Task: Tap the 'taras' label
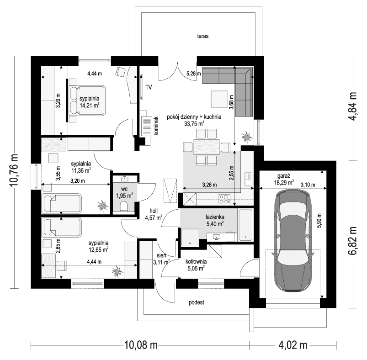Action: tap(202, 36)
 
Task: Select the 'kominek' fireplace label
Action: tap(156, 126)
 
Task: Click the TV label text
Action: tap(149, 87)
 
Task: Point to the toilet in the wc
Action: tap(123, 207)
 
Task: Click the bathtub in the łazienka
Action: tap(245, 225)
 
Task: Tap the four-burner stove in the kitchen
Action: tap(224, 199)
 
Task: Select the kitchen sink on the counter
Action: tap(248, 179)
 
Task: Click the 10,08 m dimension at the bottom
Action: tap(141, 345)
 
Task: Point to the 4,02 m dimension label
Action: tap(293, 345)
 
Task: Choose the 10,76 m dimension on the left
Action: tap(14, 170)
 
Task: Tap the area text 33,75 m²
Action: tap(194, 123)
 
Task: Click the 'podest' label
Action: tap(197, 302)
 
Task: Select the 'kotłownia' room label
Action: tap(196, 261)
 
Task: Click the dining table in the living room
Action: tap(207, 147)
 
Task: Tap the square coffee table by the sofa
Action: tap(219, 99)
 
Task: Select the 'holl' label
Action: tap(154, 211)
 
